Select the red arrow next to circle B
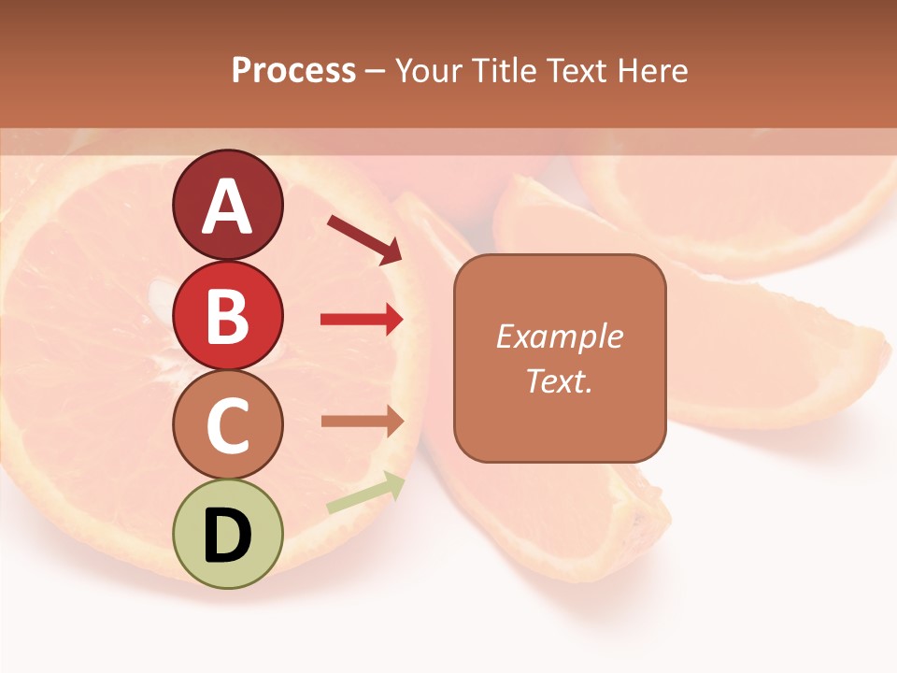coord(362,320)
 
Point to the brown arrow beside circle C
coord(362,422)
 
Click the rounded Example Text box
coord(560,358)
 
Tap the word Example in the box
coord(560,336)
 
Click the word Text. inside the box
coord(560,380)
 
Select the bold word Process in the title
coord(293,70)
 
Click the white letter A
coord(228,207)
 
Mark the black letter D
coord(228,536)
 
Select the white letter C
coord(228,425)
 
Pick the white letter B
coord(228,316)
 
